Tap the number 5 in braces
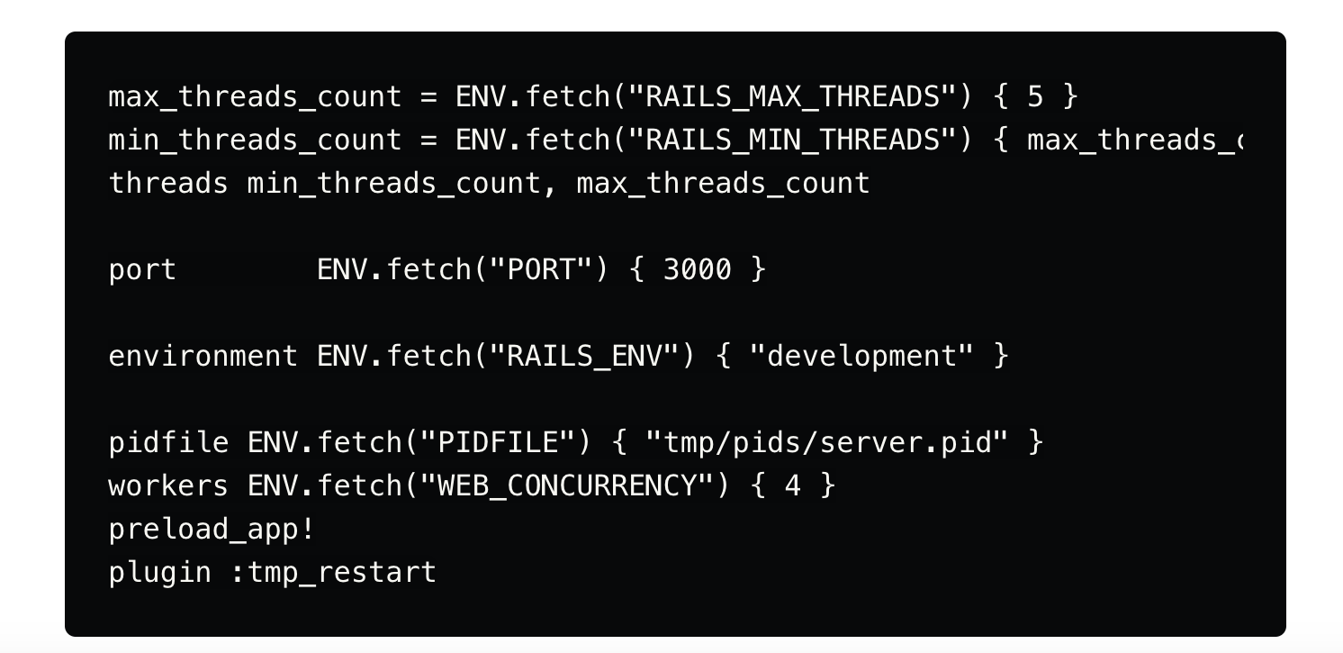(x=1035, y=97)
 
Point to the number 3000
(x=698, y=270)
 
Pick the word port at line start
(x=142, y=270)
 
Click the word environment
(x=203, y=357)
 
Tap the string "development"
(x=861, y=357)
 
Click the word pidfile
(x=168, y=443)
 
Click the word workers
(x=168, y=486)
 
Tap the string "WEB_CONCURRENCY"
(x=567, y=486)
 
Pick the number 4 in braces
(x=792, y=486)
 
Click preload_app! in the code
(x=212, y=530)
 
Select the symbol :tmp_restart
(x=333, y=573)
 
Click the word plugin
(x=159, y=573)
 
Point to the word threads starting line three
(x=168, y=184)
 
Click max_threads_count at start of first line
(x=255, y=97)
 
